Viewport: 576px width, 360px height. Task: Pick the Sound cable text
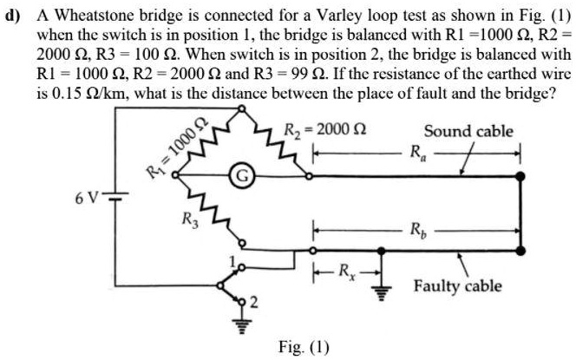[468, 132]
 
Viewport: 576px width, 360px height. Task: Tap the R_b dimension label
[419, 232]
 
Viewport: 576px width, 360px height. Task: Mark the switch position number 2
[253, 302]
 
